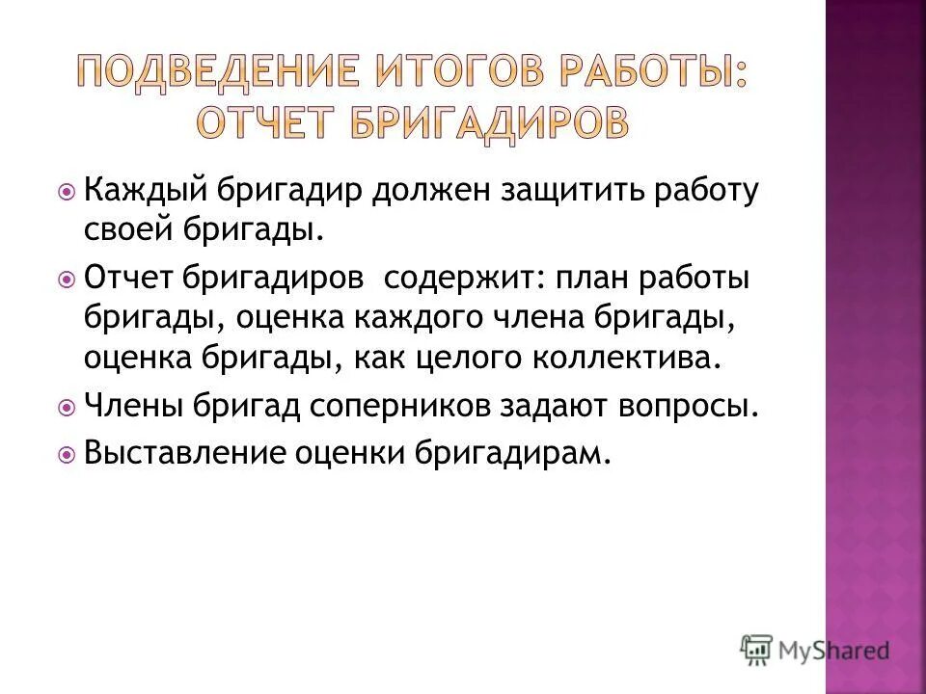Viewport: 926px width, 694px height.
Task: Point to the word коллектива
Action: tap(625, 358)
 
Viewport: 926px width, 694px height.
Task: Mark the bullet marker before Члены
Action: tap(67, 407)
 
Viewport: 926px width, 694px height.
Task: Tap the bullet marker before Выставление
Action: tap(67, 454)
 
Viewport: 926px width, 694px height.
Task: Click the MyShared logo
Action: tap(814, 649)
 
